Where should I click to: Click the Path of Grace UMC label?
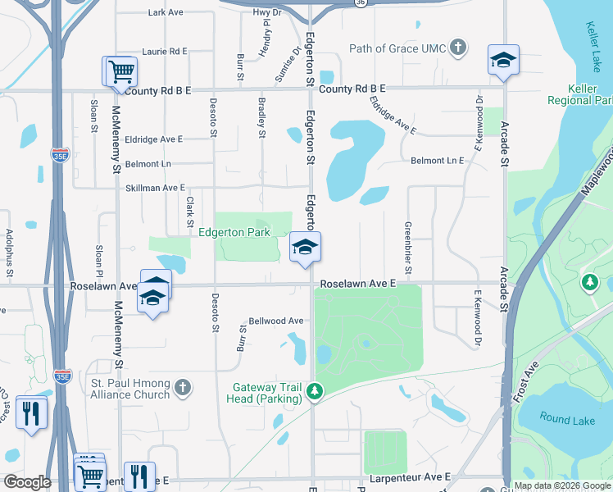coord(397,48)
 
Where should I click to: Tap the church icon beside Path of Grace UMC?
coord(457,48)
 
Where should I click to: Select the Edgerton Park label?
coord(234,233)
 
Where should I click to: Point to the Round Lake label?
coord(566,419)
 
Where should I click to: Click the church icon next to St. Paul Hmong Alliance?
coord(182,387)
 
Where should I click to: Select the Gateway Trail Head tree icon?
coord(313,393)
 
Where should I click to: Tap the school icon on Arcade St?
coord(503,60)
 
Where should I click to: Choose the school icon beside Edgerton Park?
coord(304,247)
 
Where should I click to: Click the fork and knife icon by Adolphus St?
coord(32,411)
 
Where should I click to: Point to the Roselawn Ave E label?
coord(358,282)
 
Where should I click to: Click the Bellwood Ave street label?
coord(276,321)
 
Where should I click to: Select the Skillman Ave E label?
coord(155,188)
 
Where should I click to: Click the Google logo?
coord(27,482)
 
